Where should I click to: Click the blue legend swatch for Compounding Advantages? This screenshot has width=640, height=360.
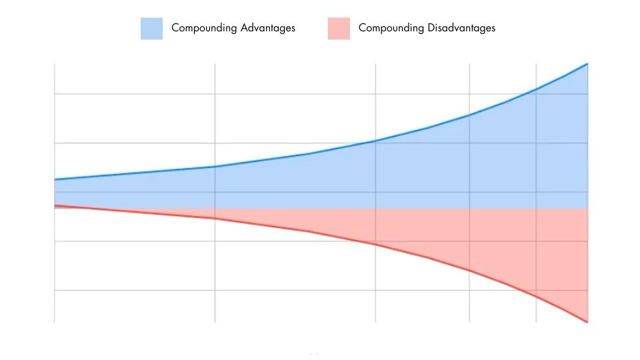[x=151, y=28]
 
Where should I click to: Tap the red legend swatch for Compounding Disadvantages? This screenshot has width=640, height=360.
[x=339, y=28]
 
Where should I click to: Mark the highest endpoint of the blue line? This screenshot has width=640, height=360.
[x=587, y=63]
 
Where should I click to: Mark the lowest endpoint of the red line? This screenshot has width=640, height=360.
[x=587, y=322]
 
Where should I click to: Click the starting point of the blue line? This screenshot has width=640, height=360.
[x=55, y=179]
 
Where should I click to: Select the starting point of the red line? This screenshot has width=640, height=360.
[x=55, y=205]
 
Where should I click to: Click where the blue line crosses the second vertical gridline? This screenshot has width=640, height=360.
[x=215, y=167]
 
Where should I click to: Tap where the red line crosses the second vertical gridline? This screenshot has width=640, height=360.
[x=215, y=218]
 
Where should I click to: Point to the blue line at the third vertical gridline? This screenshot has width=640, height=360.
[x=375, y=141]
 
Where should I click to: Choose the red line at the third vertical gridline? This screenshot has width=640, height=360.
[x=375, y=244]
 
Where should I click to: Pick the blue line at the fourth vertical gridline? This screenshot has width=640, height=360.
[x=469, y=115]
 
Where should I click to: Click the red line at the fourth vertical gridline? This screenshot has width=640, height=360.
[x=469, y=270]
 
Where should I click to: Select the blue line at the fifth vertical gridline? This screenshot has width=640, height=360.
[x=536, y=89]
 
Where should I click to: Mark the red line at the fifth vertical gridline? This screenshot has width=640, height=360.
[x=536, y=296]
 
